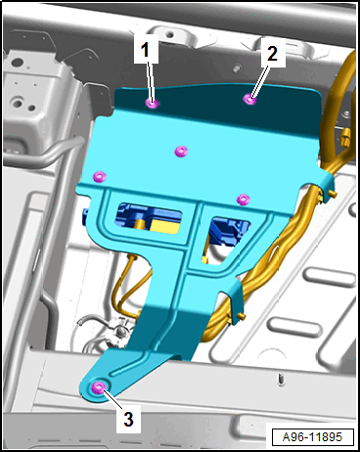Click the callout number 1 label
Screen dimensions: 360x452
pyautogui.click(x=145, y=50)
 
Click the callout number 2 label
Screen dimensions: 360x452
pyautogui.click(x=272, y=53)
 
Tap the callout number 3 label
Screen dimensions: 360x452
pyautogui.click(x=128, y=419)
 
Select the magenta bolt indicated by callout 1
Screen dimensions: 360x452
pyautogui.click(x=152, y=104)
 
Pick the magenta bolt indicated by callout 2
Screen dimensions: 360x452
pyautogui.click(x=250, y=99)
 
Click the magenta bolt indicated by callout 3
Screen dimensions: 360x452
pyautogui.click(x=98, y=387)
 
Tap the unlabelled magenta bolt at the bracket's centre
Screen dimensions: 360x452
pyautogui.click(x=181, y=152)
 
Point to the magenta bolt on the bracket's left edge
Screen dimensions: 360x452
pyautogui.click(x=100, y=176)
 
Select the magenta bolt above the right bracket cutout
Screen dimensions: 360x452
pyautogui.click(x=243, y=199)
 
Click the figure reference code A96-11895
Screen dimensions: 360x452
pyautogui.click(x=312, y=436)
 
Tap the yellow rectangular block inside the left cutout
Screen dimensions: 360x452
pyautogui.click(x=166, y=226)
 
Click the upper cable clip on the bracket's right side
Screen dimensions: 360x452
pyautogui.click(x=326, y=188)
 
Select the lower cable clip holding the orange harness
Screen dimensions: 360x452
pyautogui.click(x=236, y=302)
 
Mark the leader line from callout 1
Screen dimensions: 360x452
pyautogui.click(x=150, y=81)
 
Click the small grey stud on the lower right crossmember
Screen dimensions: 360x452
pyautogui.click(x=281, y=379)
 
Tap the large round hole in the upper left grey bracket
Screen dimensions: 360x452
pyautogui.click(x=17, y=104)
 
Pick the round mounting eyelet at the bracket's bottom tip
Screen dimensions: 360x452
pyautogui.click(x=98, y=387)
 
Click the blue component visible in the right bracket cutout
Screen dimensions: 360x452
pyautogui.click(x=228, y=229)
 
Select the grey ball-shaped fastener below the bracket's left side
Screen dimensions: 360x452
pyautogui.click(x=121, y=330)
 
